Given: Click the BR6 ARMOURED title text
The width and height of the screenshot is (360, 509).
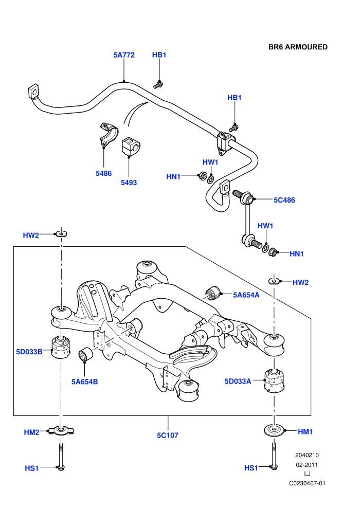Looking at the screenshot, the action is coord(298,47).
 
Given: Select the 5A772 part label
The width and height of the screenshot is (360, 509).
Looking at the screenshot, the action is coord(123,55).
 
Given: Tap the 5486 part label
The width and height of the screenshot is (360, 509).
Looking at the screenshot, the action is coord(103,173).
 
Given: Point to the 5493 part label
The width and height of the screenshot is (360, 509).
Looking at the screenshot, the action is coord(129,183).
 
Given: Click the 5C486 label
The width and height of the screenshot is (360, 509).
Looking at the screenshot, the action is coord(284,200).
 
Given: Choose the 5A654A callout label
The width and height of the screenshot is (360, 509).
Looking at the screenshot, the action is coord(246,295).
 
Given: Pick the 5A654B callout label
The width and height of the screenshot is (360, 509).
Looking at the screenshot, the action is coord(84,381).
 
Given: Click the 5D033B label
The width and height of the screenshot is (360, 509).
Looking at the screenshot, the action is coord(29,352).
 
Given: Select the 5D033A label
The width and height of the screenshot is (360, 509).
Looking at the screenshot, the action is coord(238,381).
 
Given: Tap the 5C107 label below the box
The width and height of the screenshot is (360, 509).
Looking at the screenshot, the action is coord(168,435).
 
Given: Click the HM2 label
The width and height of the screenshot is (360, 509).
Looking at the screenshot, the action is coord(31,432).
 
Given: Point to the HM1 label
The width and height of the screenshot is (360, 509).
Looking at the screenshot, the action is coord(305,432).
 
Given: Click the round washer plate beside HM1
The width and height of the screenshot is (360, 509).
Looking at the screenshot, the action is coord(274,431).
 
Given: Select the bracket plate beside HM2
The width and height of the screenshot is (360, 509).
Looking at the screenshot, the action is coord(61,431).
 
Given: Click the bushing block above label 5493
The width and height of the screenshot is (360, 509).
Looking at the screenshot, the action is coord(129,147).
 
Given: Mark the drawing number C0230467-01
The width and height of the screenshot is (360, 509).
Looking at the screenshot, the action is coord(307,483).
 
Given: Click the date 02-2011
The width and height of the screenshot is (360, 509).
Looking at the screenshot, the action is coord(307,465).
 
